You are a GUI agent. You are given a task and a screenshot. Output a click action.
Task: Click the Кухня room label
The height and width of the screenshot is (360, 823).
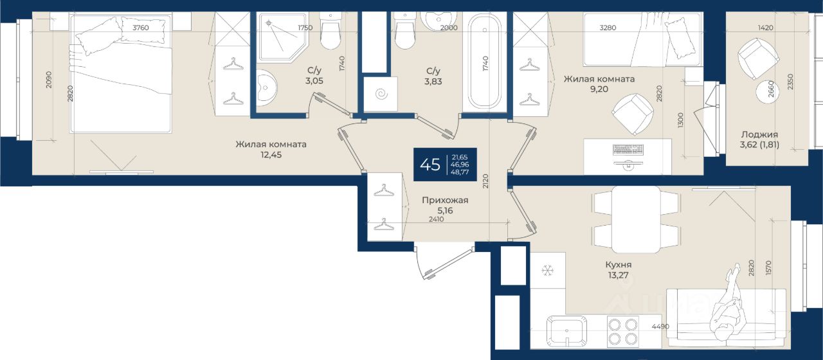point(619,264)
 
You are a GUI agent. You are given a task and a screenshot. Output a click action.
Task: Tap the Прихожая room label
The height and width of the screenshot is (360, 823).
point(445,200)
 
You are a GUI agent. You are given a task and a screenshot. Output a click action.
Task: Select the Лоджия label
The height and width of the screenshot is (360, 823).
point(759,134)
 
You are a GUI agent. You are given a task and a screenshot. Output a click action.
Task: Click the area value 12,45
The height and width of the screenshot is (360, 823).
point(271,155)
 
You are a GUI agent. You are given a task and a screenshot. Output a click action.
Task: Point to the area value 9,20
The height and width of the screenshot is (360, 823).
point(599,89)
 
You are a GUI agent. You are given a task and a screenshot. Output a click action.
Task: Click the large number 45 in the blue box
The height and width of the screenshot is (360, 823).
point(430,165)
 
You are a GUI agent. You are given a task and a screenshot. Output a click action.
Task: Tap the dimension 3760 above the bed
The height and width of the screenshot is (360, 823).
point(141,28)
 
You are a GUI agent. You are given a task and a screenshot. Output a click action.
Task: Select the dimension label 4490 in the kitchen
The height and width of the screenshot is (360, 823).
point(660,326)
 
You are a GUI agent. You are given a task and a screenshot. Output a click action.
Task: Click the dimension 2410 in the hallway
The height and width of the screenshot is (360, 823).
point(437,219)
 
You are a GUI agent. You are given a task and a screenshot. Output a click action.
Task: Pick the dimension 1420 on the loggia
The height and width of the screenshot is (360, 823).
point(766,28)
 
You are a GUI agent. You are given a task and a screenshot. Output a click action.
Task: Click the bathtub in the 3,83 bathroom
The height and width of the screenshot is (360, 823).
point(484,61)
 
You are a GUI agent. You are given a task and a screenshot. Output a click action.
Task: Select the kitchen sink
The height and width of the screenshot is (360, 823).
point(566,331)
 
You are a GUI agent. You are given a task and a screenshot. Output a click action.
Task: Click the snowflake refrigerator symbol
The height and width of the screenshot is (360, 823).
point(547,271)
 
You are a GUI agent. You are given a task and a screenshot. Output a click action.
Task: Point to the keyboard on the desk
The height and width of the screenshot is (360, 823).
point(628,149)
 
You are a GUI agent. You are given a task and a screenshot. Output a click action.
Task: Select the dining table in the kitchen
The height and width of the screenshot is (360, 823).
point(637,220)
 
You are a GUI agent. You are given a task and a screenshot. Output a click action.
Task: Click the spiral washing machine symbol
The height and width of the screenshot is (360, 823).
point(381,94)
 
